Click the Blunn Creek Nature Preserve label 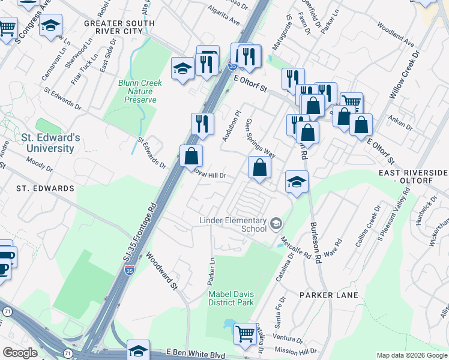click(137, 91)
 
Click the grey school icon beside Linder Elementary click(276, 224)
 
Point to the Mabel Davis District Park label click(231, 298)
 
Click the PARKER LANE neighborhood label click(329, 295)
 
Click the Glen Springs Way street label click(260, 138)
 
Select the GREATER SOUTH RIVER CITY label click(119, 28)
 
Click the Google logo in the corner click(20, 353)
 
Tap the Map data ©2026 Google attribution click(411, 355)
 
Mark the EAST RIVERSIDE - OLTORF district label click(414, 176)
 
